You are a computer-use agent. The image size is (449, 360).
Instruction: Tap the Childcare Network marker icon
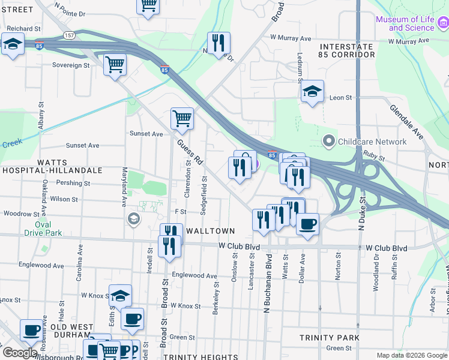coord(328,142)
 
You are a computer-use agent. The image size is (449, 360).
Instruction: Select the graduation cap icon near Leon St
coord(312,92)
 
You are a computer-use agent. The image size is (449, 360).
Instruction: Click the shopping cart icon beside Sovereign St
coord(115,64)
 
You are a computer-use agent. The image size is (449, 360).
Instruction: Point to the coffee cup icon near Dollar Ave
coord(307,224)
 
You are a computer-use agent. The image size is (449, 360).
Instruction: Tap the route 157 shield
coord(70,35)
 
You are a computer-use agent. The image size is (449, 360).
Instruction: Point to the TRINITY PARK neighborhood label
coord(329,338)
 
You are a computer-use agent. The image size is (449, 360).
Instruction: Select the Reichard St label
coord(24,28)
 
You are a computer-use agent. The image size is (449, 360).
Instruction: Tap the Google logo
coord(20,353)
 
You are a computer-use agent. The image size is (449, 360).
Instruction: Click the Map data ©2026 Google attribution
coord(411,355)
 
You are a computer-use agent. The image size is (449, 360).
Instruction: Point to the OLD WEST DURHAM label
coord(72,332)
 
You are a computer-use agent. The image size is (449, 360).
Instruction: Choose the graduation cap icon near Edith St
coord(120,295)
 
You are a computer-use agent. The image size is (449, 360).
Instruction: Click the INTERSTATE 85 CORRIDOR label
coord(347,50)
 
